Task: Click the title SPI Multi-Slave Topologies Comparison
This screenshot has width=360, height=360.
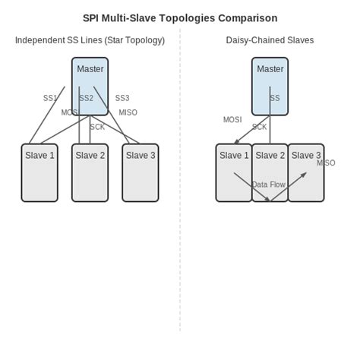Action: click(180, 18)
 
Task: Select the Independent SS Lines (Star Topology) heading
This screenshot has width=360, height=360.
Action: click(90, 40)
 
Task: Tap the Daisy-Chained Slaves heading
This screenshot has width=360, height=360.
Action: click(270, 40)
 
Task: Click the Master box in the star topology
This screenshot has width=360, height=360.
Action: click(90, 86)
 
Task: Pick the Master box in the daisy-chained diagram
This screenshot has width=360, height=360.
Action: click(270, 86)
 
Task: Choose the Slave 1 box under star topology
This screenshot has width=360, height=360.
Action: click(39, 173)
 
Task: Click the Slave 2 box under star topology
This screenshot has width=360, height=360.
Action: click(90, 173)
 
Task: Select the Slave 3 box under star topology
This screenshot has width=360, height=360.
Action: click(141, 173)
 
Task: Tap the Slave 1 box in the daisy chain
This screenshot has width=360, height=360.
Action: click(234, 173)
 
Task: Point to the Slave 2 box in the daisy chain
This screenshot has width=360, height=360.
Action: click(270, 173)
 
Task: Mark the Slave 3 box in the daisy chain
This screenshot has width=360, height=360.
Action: click(306, 173)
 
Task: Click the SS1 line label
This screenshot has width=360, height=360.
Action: click(50, 99)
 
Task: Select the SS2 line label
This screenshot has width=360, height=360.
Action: click(87, 99)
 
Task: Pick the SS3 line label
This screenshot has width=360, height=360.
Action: click(122, 99)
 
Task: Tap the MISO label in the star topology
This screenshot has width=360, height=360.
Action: click(128, 113)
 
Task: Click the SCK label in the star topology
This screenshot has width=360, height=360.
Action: click(97, 128)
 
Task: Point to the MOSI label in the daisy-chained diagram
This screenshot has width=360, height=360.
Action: click(232, 120)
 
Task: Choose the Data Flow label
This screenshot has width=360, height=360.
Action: click(269, 185)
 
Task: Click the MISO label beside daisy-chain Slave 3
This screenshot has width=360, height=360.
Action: click(326, 163)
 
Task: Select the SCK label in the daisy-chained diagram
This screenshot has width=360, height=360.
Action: click(260, 128)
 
